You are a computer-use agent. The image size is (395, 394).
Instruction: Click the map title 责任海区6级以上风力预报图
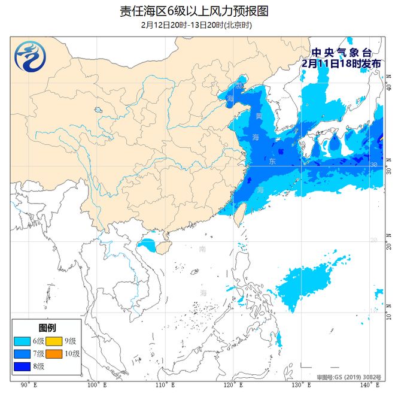point(197,11)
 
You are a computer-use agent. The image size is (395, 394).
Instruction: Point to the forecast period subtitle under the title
point(197,25)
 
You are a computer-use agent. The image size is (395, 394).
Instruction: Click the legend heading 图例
point(47,328)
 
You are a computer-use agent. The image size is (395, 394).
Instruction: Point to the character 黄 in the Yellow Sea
point(258,115)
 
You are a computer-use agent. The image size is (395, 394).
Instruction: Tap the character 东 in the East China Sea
point(272,162)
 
